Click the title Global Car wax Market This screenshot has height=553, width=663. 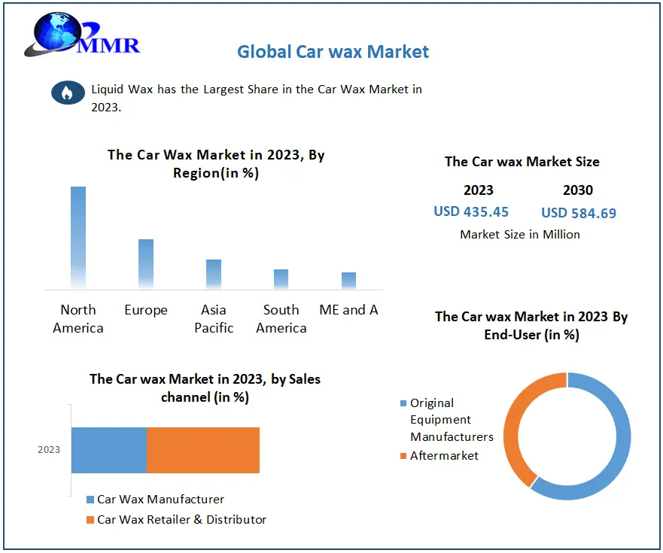333,52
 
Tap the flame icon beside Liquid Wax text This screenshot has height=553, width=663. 68,93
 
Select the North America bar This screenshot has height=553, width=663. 78,237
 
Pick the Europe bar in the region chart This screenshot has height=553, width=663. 146,263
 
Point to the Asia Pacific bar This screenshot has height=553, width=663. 214,274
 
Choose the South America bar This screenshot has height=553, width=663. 281,279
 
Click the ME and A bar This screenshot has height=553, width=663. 348,281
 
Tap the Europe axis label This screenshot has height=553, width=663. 146,310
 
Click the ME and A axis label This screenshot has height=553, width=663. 348,310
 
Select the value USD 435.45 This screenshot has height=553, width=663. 471,212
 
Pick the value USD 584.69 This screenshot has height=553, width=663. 579,213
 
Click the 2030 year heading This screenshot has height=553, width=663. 578,190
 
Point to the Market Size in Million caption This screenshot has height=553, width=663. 520,235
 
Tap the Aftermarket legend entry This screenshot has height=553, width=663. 444,455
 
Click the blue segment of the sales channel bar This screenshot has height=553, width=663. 109,450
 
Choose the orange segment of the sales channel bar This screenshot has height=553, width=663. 203,450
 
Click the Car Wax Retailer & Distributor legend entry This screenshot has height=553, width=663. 181,519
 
